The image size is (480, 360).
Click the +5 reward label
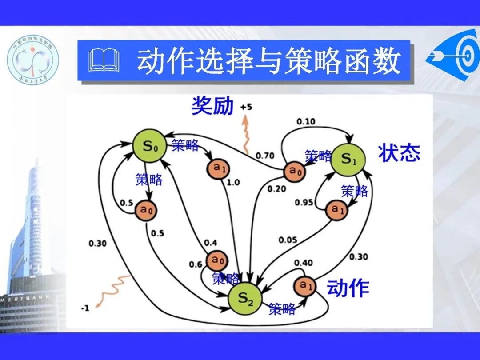[x=245, y=107]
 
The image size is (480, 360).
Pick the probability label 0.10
[x=305, y=121]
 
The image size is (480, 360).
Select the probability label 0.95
[x=304, y=203]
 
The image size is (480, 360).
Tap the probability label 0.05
[x=288, y=240]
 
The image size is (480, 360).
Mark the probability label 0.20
[x=276, y=189]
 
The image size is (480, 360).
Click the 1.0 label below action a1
[x=233, y=183]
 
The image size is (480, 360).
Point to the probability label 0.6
[x=196, y=264]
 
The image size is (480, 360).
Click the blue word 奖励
[x=212, y=106]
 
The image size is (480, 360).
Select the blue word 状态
[x=399, y=153]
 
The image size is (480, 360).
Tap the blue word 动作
[x=348, y=288]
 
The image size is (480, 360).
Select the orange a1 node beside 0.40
[x=304, y=285]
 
